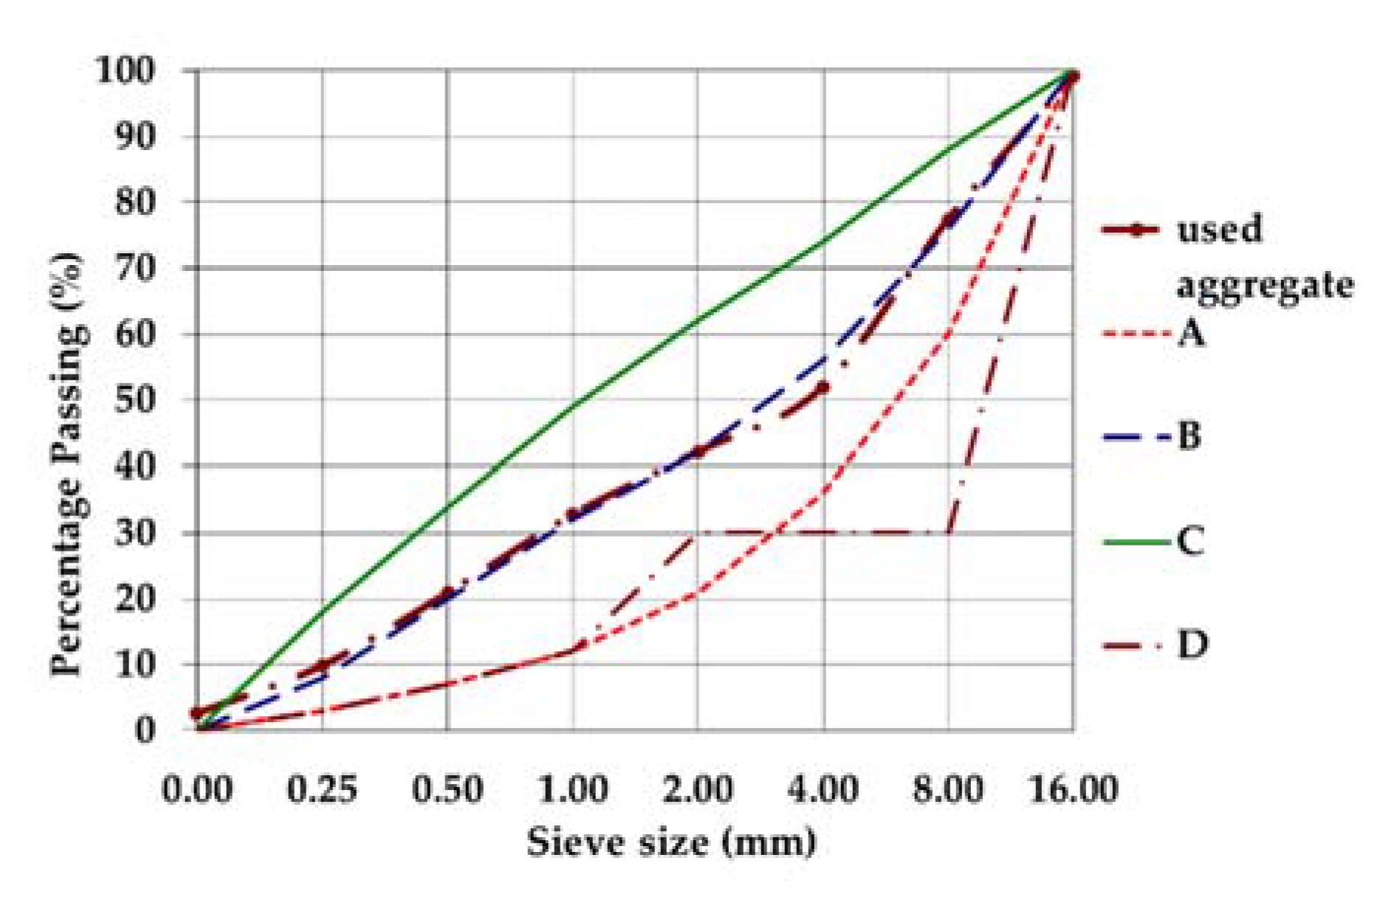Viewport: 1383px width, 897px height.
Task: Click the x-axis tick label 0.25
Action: click(x=322, y=789)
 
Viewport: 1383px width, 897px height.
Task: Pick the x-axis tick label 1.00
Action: click(x=572, y=789)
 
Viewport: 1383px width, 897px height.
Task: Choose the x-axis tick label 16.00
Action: click(x=1074, y=789)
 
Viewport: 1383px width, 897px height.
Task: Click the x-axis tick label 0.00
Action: click(x=197, y=789)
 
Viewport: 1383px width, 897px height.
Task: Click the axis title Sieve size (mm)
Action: click(x=671, y=842)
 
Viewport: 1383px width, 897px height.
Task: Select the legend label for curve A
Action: click(x=1190, y=334)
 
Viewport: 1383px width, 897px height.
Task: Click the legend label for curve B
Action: click(x=1189, y=436)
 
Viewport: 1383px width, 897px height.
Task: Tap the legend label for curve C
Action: click(x=1190, y=541)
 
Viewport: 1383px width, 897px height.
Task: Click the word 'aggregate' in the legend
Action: click(x=1265, y=285)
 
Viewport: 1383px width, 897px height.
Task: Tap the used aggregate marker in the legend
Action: click(x=1134, y=230)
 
